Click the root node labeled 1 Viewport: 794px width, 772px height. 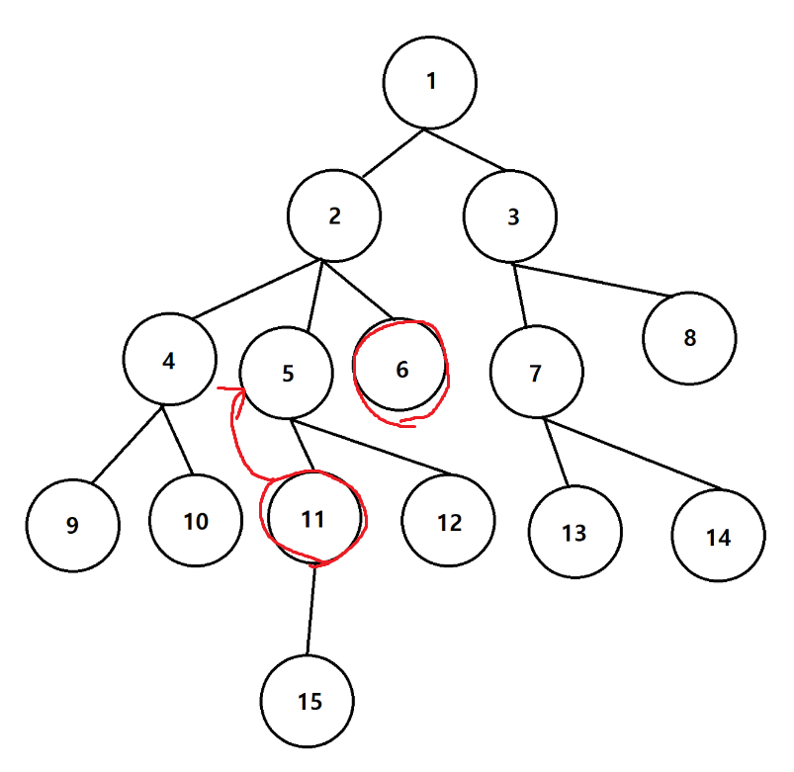click(430, 81)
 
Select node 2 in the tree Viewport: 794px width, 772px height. click(334, 216)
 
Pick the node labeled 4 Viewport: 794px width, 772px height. click(170, 360)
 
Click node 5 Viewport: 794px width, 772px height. click(287, 373)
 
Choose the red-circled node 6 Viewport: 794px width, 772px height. click(400, 369)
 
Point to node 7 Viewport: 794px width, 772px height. click(536, 374)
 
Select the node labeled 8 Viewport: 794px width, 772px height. click(689, 338)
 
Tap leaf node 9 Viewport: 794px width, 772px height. click(72, 525)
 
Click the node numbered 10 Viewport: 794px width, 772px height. click(196, 520)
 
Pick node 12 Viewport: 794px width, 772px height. click(449, 522)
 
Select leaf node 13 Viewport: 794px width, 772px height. click(573, 533)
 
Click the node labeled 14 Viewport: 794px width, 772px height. click(718, 537)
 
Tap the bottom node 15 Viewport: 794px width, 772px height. click(309, 701)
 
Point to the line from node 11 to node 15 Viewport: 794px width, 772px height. click(311, 609)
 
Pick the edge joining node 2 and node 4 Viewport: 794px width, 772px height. click(256, 291)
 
